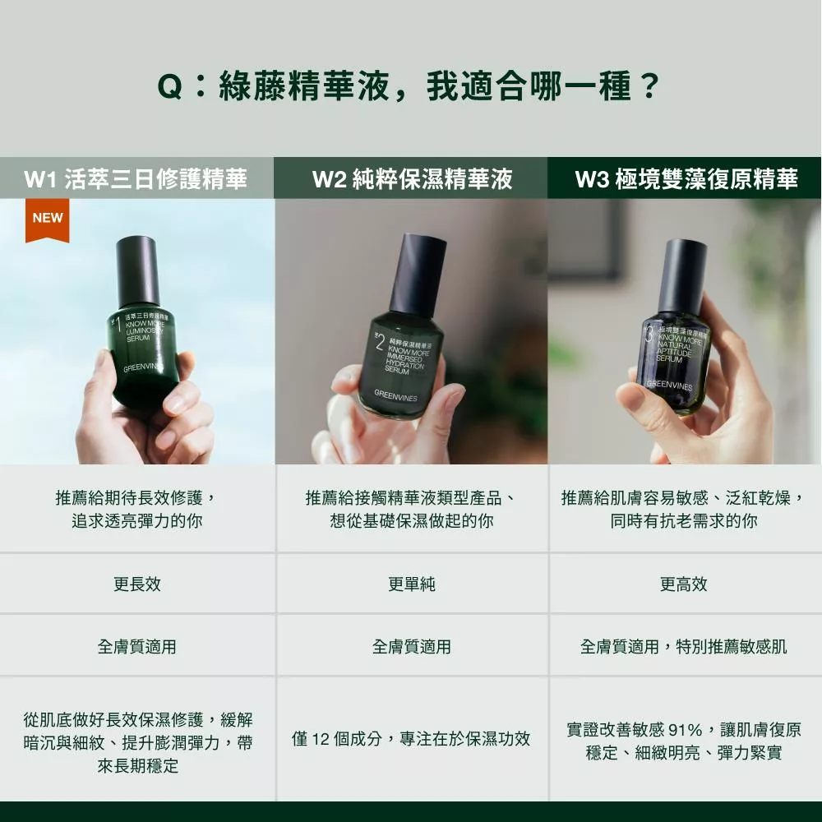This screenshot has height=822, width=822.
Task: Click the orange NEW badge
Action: pos(47,219)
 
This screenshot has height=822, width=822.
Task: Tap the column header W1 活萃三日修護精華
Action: pos(136,178)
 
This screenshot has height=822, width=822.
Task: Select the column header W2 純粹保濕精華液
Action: pos(412,178)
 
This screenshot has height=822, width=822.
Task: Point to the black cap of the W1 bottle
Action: pos(136,271)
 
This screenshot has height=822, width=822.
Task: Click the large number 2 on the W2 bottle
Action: pos(380,341)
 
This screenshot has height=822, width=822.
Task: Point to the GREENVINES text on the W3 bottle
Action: pos(669,386)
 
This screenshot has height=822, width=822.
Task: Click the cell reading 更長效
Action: pos(137,584)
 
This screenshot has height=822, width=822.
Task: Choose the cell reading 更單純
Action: pos(412,584)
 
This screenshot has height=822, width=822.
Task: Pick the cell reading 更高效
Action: pos(684,584)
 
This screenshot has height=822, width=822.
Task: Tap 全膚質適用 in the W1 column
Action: pos(137,647)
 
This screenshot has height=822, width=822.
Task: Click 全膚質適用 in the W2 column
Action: pos(412,647)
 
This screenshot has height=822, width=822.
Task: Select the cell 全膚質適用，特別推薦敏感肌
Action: pos(684,647)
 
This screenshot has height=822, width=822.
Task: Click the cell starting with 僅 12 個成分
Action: pos(412,739)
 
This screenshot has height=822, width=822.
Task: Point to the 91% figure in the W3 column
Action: pos(686,730)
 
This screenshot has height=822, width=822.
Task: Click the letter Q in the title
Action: pos(170,87)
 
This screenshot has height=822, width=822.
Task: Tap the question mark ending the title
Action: pos(649,86)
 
